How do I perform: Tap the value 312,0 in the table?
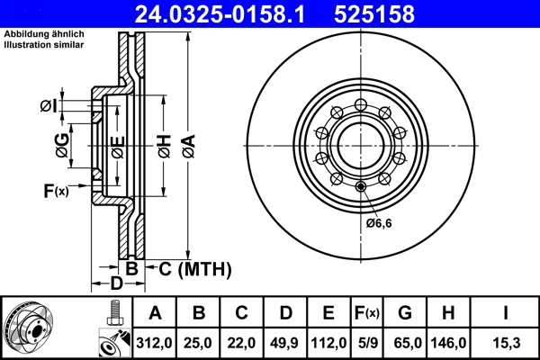[155, 343]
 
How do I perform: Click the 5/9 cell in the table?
[367, 343]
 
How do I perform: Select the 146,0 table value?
[450, 343]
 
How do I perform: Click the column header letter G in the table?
[405, 313]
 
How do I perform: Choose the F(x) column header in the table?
[367, 313]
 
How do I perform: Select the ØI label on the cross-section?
[49, 106]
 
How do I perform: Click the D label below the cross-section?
[116, 285]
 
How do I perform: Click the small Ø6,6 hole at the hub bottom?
[361, 186]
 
